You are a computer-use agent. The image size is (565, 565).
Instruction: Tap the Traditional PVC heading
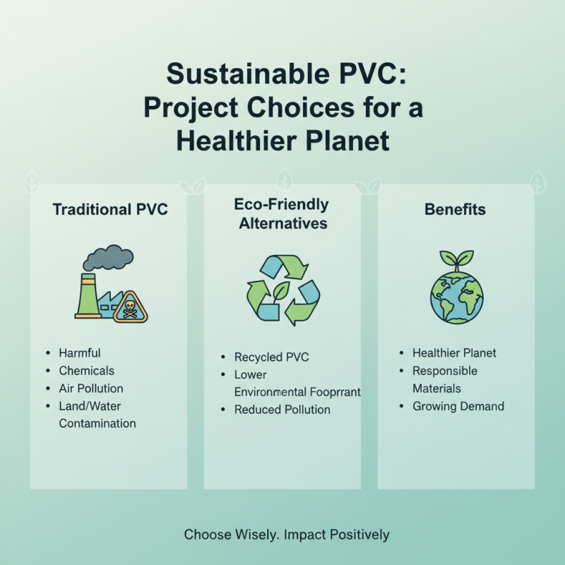[x=110, y=210]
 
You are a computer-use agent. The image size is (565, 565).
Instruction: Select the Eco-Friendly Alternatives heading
[x=281, y=214]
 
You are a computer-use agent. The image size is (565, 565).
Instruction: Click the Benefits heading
[x=455, y=210]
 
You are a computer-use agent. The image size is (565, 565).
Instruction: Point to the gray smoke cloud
[x=108, y=258]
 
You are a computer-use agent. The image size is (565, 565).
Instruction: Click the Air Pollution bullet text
[x=91, y=388]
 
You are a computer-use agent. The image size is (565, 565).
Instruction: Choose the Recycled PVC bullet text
[x=272, y=357]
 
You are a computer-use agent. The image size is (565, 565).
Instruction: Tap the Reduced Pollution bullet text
[x=282, y=410]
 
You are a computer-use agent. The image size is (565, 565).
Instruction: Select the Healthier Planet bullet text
[x=455, y=353]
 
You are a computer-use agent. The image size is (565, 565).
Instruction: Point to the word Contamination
[x=97, y=423]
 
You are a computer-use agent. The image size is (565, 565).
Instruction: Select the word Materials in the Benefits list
[x=436, y=388]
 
